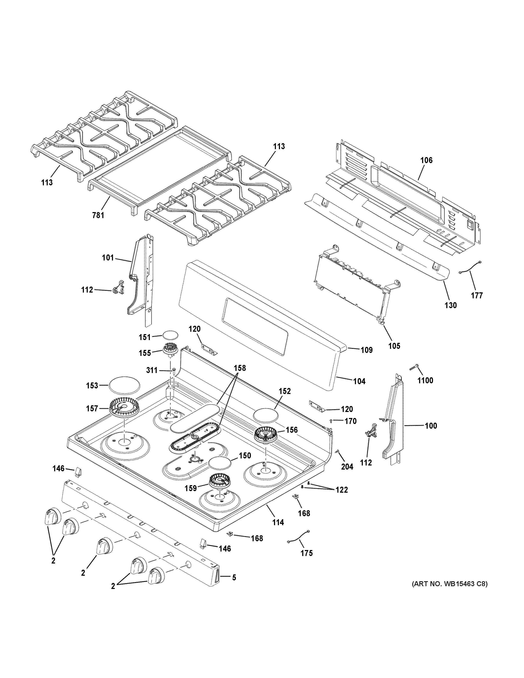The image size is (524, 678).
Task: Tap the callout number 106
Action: [426, 161]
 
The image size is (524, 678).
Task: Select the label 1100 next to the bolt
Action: [425, 380]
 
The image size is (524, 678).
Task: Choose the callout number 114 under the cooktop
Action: [278, 522]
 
